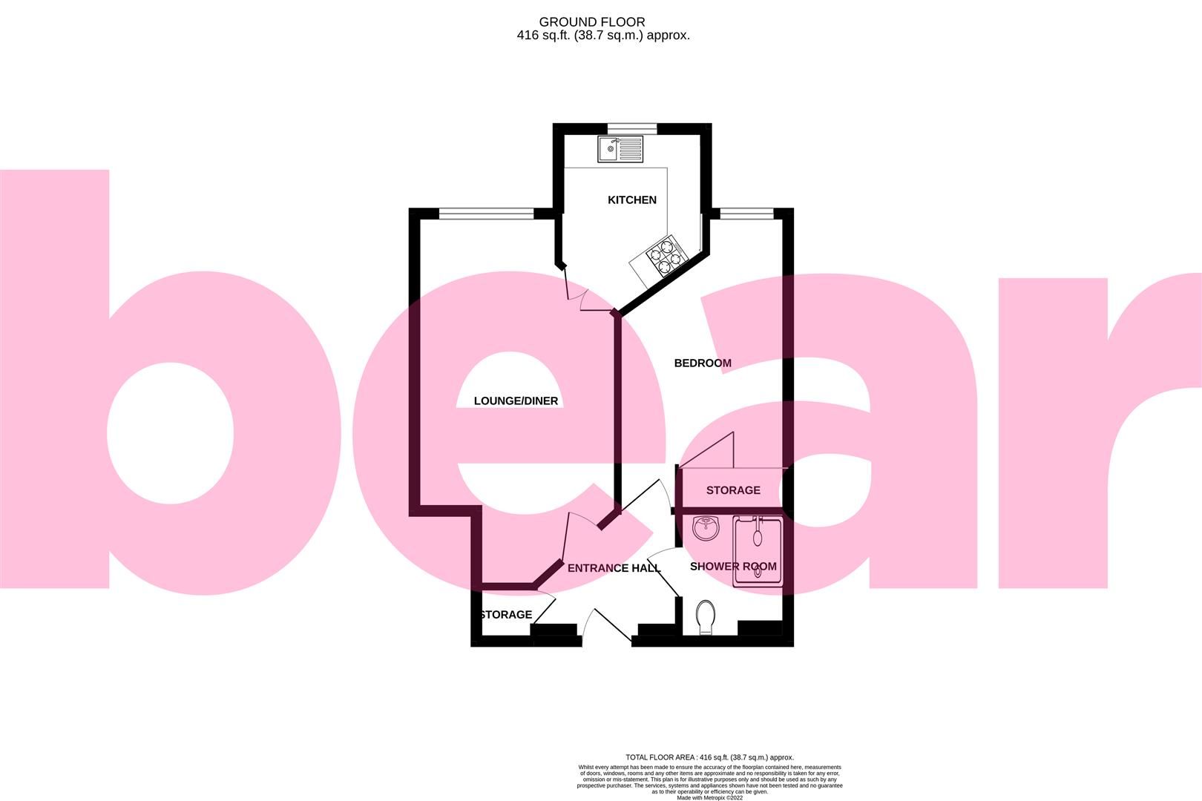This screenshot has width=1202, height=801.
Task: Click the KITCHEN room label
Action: click(632, 200)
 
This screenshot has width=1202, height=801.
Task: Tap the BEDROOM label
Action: click(702, 363)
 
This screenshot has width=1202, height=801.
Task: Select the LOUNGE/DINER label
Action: click(516, 401)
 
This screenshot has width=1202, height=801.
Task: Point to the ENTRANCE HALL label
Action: click(614, 568)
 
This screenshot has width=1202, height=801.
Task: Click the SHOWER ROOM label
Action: click(733, 566)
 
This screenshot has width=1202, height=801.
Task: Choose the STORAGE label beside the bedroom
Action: click(733, 490)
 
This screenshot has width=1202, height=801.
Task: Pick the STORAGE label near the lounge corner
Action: click(506, 615)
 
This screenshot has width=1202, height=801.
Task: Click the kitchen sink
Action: click(620, 149)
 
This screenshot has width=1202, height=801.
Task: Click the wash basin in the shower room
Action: click(706, 529)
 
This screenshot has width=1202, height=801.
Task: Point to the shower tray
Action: click(758, 552)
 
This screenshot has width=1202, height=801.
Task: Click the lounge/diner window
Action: click(486, 214)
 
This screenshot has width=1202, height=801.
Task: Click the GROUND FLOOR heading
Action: click(592, 22)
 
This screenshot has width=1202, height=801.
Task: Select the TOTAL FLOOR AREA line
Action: click(709, 757)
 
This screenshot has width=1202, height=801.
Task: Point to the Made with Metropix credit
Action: click(709, 797)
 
